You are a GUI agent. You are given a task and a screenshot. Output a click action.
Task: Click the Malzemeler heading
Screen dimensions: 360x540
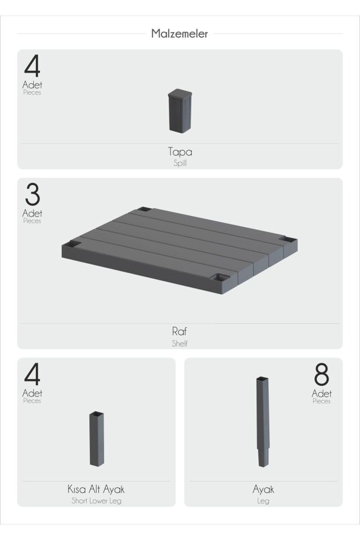(179, 33)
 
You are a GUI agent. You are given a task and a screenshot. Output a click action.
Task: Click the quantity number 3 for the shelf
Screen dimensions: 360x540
(33, 195)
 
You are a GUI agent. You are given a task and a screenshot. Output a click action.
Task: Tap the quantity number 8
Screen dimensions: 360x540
(321, 375)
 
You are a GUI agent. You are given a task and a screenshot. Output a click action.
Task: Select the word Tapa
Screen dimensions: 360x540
(180, 152)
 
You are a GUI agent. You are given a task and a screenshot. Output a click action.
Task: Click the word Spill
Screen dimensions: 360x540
(180, 163)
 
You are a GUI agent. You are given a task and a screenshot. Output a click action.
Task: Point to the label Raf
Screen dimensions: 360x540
(179, 331)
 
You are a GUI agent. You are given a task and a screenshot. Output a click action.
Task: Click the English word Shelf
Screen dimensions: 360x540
(180, 343)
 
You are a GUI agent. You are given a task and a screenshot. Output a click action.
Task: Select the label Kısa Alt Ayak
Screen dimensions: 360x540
(96, 489)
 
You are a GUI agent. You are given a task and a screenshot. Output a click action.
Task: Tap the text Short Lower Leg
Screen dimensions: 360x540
(96, 501)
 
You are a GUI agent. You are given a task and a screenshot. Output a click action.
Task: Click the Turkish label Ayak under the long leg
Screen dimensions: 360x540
(263, 489)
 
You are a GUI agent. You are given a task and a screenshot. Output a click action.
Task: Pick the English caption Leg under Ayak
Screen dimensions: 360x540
(263, 501)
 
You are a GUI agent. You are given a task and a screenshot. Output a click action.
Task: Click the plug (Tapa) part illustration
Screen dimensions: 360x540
(180, 111)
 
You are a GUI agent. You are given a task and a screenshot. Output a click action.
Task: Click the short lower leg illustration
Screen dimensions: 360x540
(96, 438)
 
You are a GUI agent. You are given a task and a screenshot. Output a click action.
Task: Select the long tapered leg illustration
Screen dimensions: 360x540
(263, 422)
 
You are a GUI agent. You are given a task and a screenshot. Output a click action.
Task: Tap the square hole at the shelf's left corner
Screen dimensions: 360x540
(72, 244)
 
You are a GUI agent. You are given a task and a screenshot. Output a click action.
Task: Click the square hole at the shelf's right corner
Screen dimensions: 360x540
(287, 238)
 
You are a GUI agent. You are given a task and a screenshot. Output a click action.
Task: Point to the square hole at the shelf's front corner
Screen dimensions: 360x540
(220, 277)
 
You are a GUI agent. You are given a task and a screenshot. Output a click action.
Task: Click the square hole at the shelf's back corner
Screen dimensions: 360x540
(144, 209)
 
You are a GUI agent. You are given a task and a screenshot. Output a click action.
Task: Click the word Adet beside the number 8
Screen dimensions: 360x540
(321, 393)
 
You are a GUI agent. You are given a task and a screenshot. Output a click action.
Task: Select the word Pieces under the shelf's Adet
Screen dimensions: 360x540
(32, 220)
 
